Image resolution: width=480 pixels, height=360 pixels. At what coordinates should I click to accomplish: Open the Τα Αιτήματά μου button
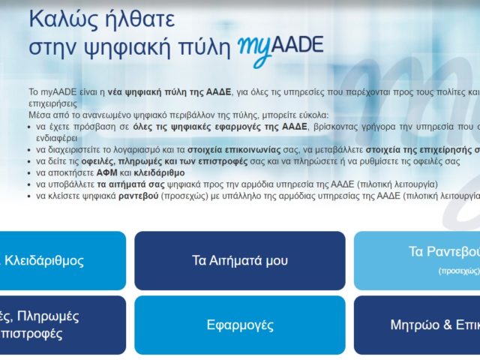point(239,260)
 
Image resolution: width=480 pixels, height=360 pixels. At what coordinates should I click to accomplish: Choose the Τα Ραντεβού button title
point(443,251)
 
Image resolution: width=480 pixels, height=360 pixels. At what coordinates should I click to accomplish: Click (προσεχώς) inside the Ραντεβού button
point(458,270)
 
